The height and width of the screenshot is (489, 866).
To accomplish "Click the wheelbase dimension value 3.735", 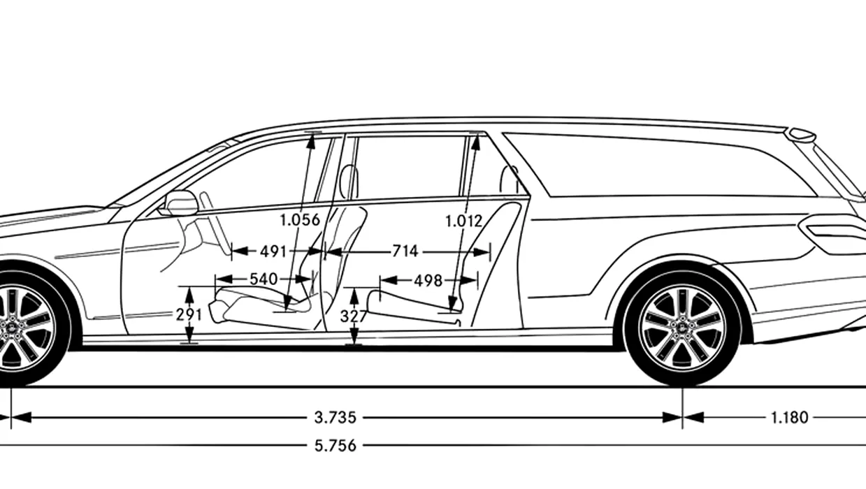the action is pos(335,418).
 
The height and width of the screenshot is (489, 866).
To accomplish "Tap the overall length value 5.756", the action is pos(335,446).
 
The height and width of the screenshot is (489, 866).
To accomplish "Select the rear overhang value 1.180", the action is pos(789,418).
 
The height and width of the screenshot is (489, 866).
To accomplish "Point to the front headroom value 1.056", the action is pos(300,220).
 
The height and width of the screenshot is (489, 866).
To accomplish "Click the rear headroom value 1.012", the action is pos(464,221).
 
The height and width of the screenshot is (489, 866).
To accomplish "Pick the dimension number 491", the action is pos(273,252).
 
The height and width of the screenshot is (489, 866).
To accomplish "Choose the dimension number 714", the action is pos(405,251).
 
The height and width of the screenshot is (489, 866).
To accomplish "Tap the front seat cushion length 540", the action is pos(264,279).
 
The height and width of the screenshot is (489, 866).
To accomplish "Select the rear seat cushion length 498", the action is pos(428,281).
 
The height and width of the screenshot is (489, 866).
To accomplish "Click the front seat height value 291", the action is pos(189,315).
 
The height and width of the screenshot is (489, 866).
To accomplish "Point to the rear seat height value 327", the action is pos(354,316).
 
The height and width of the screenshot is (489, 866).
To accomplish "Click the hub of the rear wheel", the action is pos(682,328).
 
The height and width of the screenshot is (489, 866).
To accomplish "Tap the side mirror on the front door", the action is pos(179,203).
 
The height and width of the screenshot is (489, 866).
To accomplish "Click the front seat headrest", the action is pos(349,182).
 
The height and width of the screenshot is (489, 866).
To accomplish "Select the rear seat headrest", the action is pos(510,180).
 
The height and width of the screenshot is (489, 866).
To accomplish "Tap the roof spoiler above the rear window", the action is pos(802,135).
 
